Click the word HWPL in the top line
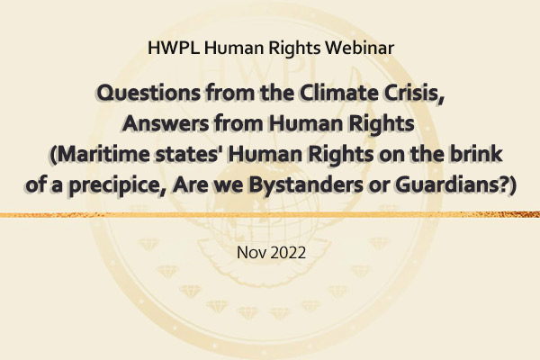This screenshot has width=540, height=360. (173, 48)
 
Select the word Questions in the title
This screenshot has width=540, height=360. (148, 93)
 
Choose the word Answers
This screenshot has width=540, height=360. (166, 123)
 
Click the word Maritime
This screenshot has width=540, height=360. (100, 154)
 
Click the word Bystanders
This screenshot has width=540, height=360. (305, 185)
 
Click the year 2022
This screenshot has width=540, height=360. (288, 253)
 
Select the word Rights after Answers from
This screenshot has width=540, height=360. (382, 124)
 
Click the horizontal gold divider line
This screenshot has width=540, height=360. (270, 215)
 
